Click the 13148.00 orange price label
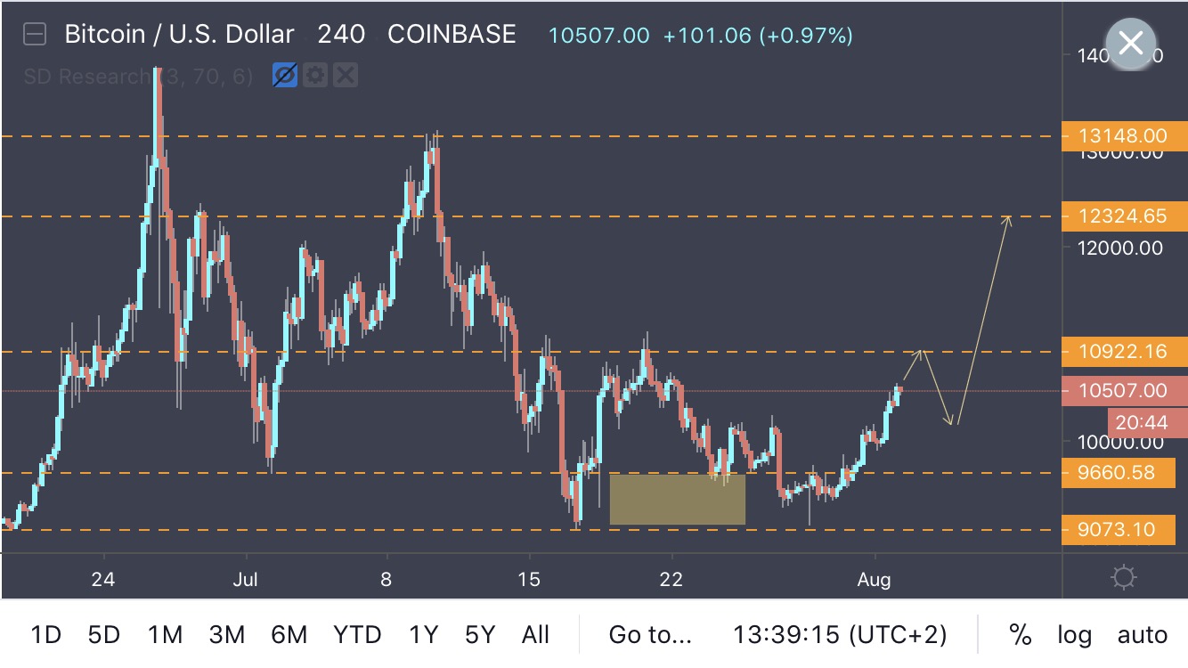point(1125,136)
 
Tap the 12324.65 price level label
point(1125,216)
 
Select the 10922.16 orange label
point(1125,352)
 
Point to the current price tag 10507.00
point(1125,390)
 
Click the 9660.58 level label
point(1125,473)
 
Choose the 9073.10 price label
point(1125,530)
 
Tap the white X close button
point(1130,43)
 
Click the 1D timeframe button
point(46,635)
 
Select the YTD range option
point(357,635)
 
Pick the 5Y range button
point(479,635)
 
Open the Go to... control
point(649,635)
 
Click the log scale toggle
point(1074,635)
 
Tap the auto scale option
point(1143,635)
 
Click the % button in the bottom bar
point(1020,635)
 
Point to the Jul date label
point(245,580)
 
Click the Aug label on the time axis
point(874,580)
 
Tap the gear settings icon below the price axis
point(1124,578)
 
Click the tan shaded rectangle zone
point(677,499)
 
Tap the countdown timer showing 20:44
point(1146,423)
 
